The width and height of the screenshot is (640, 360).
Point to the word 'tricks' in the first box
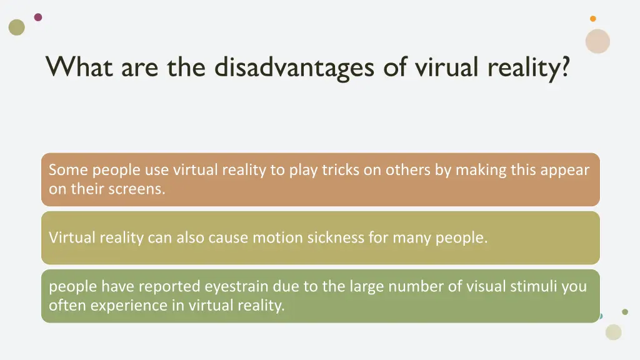click(341, 170)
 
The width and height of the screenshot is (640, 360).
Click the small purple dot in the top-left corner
click(38, 17)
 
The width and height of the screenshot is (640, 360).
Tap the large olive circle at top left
click(17, 27)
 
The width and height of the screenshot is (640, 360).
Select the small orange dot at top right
click(593, 19)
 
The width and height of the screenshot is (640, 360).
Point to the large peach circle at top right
click(597, 41)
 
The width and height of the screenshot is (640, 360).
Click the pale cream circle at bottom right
click(614, 332)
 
